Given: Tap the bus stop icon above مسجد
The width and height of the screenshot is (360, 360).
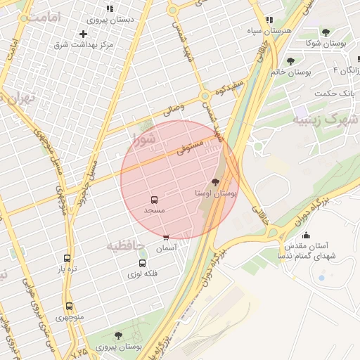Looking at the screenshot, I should click(x=154, y=200).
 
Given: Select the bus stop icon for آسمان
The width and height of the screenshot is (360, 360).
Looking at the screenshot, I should click(x=166, y=238).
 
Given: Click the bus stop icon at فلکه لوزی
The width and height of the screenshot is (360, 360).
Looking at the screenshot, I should click(x=142, y=263).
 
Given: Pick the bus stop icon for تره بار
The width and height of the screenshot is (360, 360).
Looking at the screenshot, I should click(x=67, y=258).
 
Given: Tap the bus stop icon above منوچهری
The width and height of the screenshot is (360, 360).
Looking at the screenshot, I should click(x=69, y=306).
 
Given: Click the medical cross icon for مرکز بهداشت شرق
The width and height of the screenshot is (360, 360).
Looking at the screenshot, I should click(x=84, y=34).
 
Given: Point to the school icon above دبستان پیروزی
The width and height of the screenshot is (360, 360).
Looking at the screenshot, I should click(x=109, y=8).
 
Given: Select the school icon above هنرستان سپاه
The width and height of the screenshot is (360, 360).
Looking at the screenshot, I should click(x=269, y=20).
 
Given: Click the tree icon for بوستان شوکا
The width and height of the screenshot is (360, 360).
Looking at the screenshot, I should click(x=325, y=32).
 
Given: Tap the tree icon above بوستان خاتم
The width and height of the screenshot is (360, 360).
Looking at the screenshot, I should click(x=290, y=61).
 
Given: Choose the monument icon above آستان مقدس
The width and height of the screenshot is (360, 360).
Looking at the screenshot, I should click(x=305, y=236).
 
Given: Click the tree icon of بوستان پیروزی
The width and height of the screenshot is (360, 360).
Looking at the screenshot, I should click(x=117, y=335).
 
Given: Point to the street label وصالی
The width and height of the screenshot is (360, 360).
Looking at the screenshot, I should click(x=173, y=109).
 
